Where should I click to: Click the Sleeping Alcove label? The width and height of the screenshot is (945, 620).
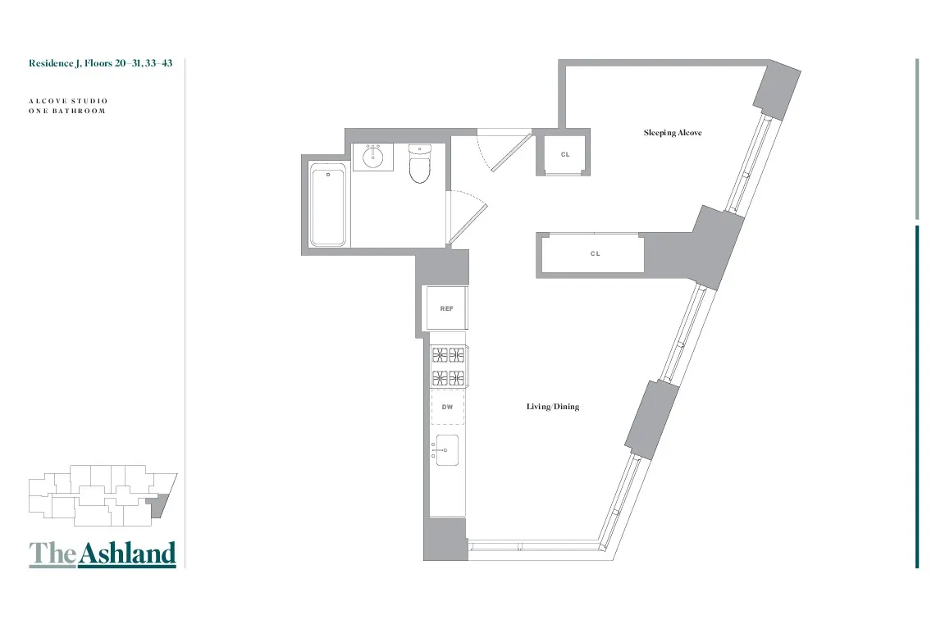click(672, 133)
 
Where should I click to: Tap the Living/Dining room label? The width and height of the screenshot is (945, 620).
click(552, 407)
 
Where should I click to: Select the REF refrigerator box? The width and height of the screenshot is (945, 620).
click(446, 308)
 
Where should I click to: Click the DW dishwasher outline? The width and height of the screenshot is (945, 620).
click(448, 407)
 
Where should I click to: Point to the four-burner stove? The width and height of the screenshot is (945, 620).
click(448, 367)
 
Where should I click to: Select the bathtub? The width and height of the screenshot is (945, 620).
click(328, 204)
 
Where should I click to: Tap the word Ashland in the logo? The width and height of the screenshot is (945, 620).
click(127, 554)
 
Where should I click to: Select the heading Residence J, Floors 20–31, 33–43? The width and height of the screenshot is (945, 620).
click(100, 63)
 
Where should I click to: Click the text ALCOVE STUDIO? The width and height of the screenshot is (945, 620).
click(68, 101)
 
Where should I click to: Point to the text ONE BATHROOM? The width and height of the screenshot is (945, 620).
click(66, 111)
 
